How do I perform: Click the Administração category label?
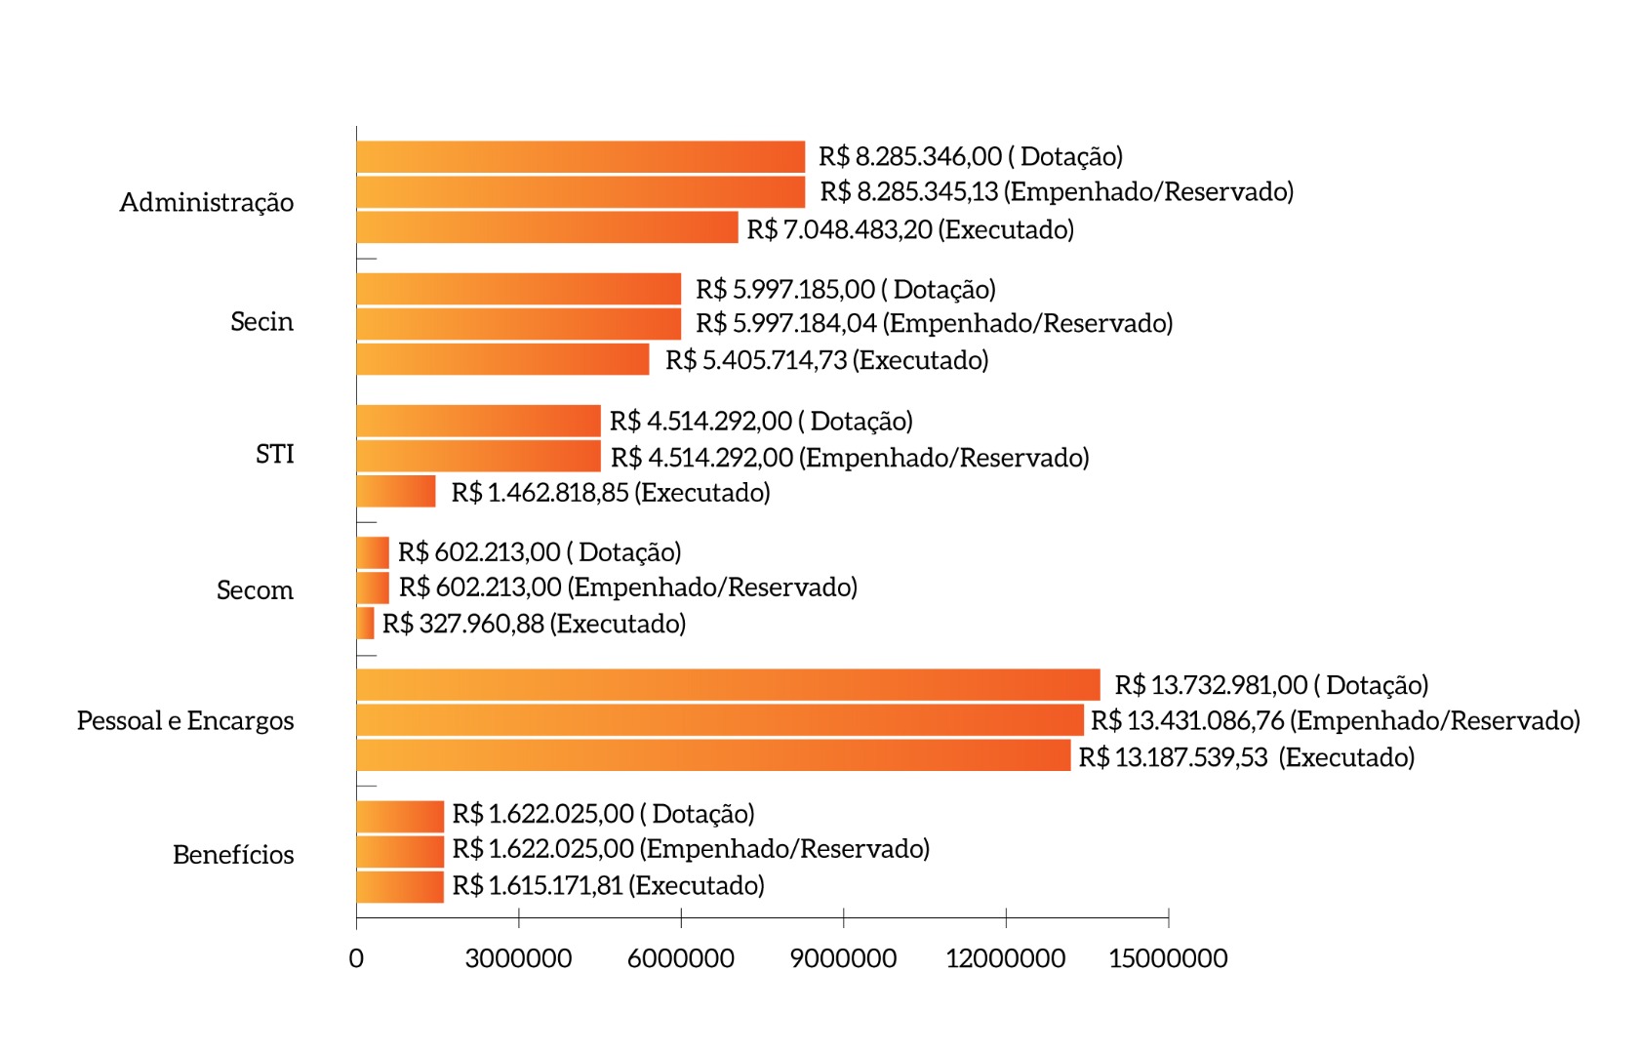(206, 203)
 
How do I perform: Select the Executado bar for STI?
(396, 492)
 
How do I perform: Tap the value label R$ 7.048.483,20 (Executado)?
(909, 230)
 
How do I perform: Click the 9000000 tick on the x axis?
(843, 958)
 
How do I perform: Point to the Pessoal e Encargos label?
(185, 721)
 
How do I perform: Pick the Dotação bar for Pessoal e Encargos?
(728, 685)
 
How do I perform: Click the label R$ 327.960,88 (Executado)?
(534, 624)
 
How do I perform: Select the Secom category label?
(255, 590)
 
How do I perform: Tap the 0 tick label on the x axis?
(356, 958)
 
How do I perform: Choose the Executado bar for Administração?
(546, 227)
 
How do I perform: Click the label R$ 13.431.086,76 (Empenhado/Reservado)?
(1335, 721)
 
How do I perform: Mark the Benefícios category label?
(233, 855)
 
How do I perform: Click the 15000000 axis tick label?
(1168, 958)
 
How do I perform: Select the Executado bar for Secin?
(502, 359)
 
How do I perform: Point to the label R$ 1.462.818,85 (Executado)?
(611, 493)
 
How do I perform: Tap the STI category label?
(274, 455)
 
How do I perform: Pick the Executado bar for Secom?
(366, 623)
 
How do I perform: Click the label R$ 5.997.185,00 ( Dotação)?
(845, 290)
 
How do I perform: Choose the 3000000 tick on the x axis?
(518, 958)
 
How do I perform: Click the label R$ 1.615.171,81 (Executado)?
(608, 886)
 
